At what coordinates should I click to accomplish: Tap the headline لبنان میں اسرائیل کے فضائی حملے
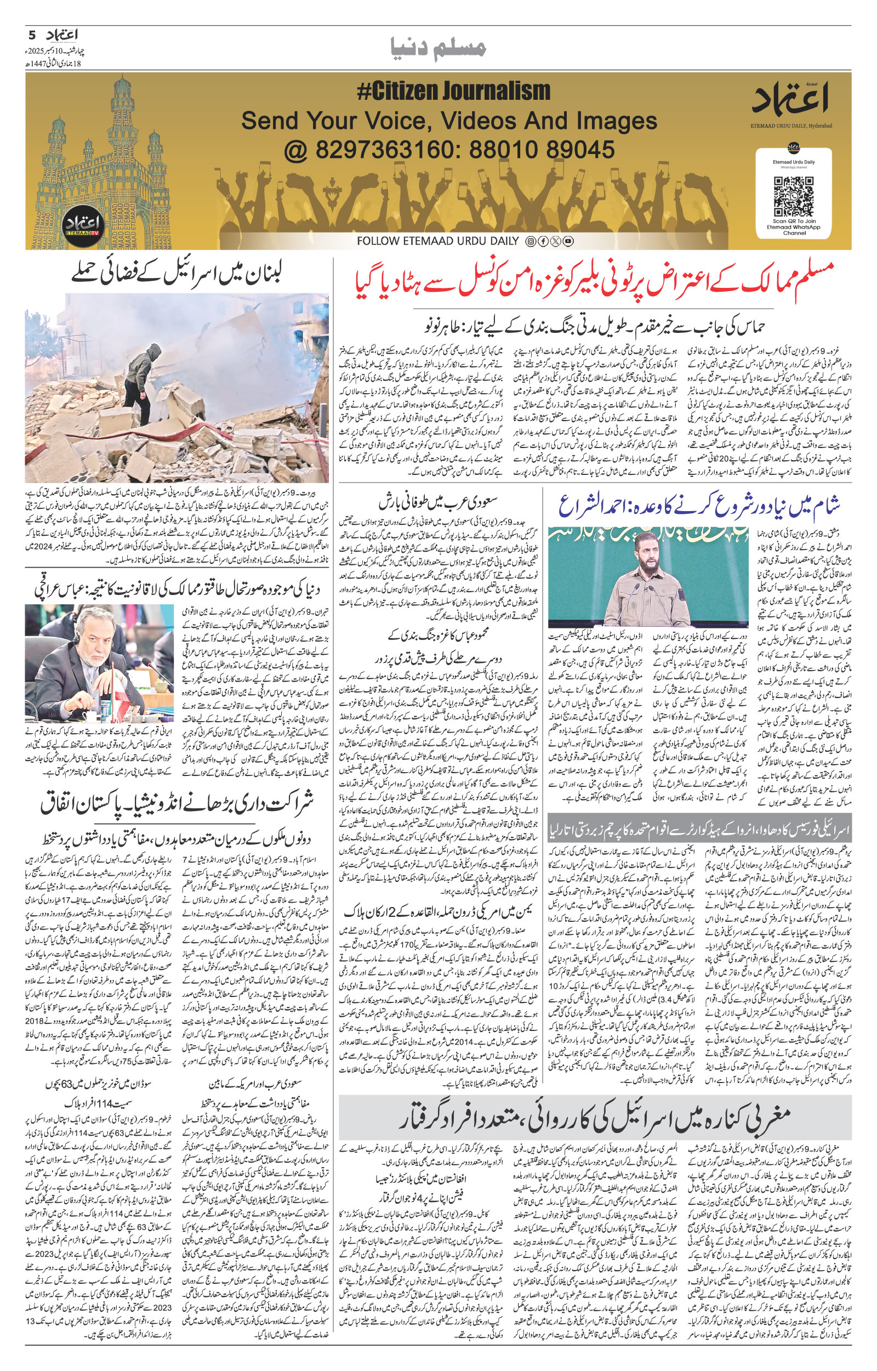pyautogui.click(x=176, y=275)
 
